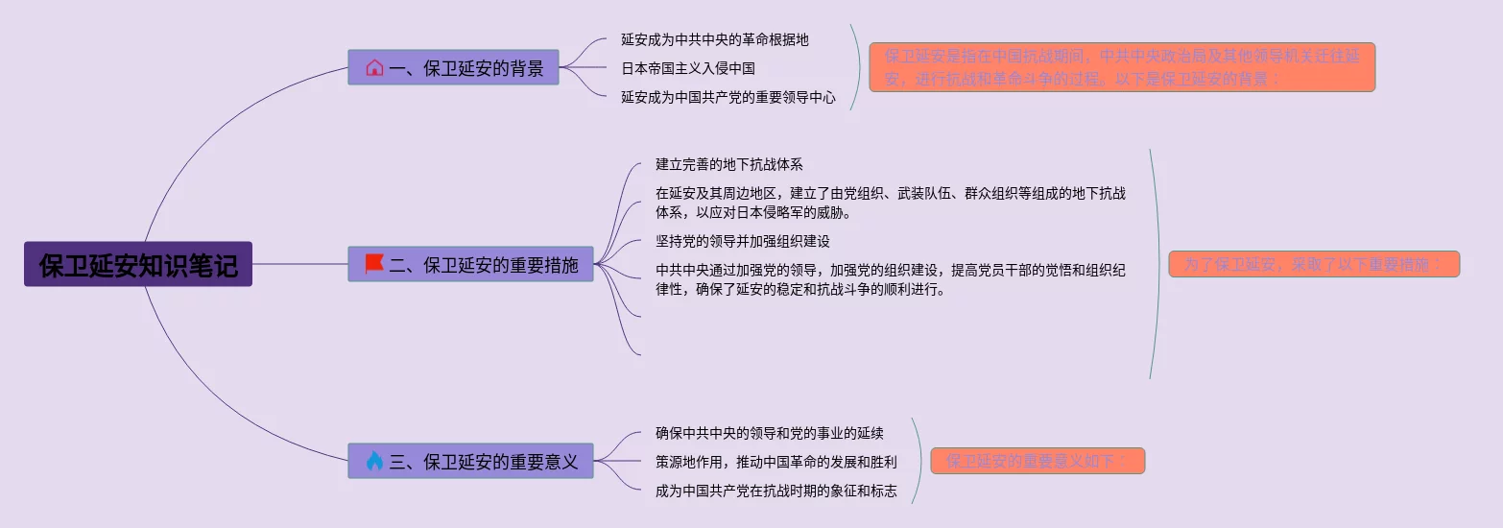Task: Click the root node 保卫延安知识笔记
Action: [138, 264]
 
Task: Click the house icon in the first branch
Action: [374, 68]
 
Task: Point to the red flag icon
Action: [374, 264]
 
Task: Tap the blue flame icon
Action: [374, 461]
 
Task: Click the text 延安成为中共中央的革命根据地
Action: [714, 39]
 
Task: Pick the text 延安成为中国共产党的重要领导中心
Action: [728, 97]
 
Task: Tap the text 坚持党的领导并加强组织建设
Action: [742, 241]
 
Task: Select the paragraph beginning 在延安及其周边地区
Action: [890, 203]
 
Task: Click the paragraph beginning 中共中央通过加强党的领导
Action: [890, 279]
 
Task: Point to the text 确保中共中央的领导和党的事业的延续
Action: [769, 433]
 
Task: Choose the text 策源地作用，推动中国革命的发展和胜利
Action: [775, 462]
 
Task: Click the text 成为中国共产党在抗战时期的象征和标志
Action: [775, 491]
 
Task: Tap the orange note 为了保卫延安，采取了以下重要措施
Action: [1313, 264]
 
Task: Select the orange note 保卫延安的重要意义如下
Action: [1037, 461]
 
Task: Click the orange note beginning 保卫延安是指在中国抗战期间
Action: [1121, 67]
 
